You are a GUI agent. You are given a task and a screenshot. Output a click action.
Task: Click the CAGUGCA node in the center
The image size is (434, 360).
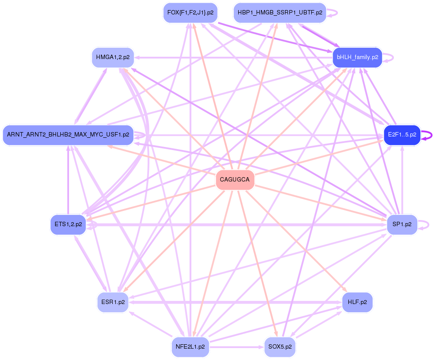[x=235, y=180]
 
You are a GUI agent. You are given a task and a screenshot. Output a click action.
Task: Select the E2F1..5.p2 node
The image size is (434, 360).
[x=402, y=135]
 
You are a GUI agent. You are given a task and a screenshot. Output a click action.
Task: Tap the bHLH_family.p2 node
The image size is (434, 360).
[x=357, y=57]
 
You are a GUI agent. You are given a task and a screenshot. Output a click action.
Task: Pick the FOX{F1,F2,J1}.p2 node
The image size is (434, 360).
[x=190, y=13]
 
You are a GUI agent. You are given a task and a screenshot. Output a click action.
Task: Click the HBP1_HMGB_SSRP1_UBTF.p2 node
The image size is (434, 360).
[x=280, y=13]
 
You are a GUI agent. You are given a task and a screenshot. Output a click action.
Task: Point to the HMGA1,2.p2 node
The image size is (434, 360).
[x=113, y=57]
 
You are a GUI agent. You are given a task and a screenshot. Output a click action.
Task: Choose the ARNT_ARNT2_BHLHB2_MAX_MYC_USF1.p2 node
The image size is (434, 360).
[x=68, y=135]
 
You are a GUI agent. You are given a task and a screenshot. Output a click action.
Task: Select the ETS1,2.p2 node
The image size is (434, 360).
[x=68, y=224]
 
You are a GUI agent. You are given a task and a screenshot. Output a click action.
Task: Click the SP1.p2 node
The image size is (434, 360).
[x=402, y=224]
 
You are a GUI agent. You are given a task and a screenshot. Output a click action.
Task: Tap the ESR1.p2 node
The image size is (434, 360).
[x=113, y=302]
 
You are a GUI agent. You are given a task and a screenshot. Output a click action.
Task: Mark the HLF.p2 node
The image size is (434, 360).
[x=357, y=302]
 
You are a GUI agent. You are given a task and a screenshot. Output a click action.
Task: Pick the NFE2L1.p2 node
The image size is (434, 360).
[x=190, y=347]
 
